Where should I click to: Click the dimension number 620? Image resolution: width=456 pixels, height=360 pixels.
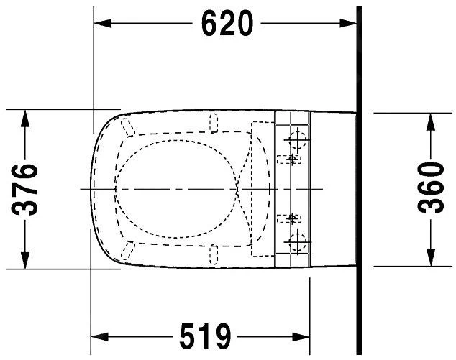pyautogui.click(x=227, y=24)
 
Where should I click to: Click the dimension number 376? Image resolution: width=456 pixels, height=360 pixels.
pyautogui.click(x=26, y=189)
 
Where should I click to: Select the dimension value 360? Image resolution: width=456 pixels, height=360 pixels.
pyautogui.click(x=431, y=189)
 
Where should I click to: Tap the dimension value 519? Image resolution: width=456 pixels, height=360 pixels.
pyautogui.click(x=204, y=336)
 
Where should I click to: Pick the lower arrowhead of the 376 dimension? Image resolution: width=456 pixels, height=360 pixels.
pyautogui.click(x=26, y=262)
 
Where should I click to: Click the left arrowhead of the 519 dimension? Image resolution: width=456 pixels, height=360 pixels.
pyautogui.click(x=98, y=336)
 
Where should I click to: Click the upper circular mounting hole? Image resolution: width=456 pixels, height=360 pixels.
pyautogui.click(x=296, y=137)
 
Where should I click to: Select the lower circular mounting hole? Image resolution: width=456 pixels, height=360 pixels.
pyautogui.click(x=296, y=240)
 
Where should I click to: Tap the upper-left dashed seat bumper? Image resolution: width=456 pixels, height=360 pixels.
pyautogui.click(x=128, y=127)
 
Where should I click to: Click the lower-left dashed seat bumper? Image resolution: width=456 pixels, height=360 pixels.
pyautogui.click(x=128, y=249)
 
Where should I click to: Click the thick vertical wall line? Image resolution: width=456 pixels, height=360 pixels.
pyautogui.click(x=357, y=180)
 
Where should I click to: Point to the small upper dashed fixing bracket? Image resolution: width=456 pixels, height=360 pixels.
pyautogui.click(x=292, y=157)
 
